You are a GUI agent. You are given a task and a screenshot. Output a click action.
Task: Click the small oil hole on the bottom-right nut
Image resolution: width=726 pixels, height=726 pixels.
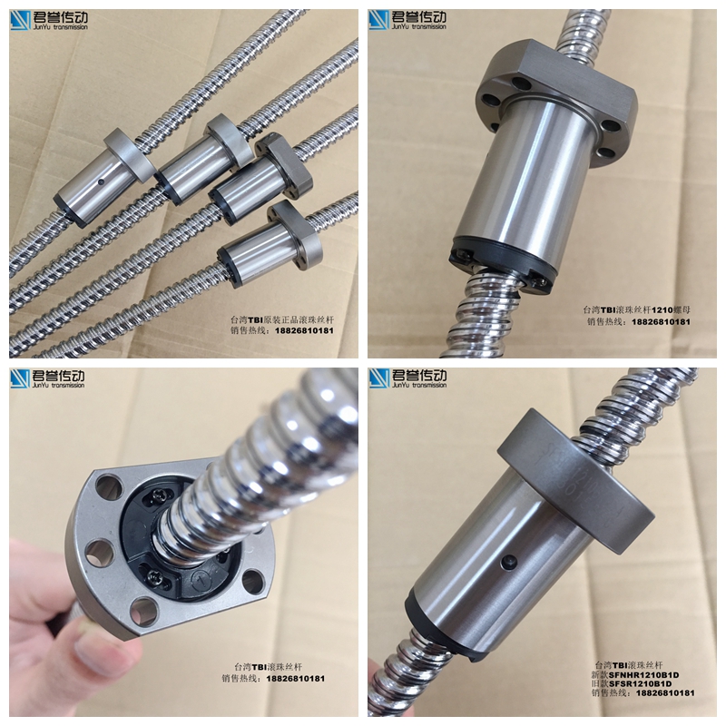[x=510, y=563]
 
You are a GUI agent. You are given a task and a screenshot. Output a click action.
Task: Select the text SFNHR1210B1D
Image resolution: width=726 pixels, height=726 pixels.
[x=643, y=675]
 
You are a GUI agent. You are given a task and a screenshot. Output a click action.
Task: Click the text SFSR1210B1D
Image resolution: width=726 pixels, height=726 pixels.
[x=641, y=684]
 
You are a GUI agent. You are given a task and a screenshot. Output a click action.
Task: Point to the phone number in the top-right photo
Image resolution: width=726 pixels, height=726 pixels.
[x=661, y=322]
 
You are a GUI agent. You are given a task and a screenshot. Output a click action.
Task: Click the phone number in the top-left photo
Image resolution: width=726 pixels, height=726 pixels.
[x=304, y=330]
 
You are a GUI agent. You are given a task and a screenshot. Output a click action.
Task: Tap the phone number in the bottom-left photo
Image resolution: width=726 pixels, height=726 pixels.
[x=296, y=679]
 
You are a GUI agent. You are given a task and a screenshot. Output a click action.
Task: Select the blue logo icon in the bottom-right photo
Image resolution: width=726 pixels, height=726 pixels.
[x=379, y=378]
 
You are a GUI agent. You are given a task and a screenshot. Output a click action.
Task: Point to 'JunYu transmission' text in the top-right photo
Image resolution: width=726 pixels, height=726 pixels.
[x=418, y=27]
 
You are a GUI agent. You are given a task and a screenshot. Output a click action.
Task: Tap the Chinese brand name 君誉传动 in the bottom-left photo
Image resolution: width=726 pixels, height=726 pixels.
[x=59, y=376]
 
